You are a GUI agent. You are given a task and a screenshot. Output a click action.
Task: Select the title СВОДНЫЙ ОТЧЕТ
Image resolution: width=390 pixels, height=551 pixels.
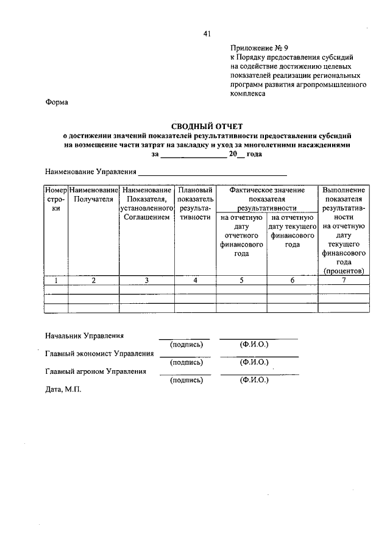tap(207, 126)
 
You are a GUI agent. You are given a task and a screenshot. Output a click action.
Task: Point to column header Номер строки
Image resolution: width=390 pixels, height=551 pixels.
tap(55, 199)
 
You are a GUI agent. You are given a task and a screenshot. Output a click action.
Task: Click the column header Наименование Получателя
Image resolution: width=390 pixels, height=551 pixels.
tap(93, 194)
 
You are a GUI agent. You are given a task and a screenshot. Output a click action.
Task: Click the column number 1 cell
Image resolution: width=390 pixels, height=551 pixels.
tap(55, 280)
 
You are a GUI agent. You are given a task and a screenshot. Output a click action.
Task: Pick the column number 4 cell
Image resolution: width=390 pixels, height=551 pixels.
tap(194, 280)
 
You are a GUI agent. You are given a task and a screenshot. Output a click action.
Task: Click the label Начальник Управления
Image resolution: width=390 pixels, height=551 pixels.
tap(84, 335)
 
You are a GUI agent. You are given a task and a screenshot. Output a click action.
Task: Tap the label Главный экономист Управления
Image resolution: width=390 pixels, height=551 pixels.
tap(99, 353)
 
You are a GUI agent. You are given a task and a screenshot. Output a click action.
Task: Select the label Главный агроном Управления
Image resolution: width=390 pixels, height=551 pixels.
tap(96, 371)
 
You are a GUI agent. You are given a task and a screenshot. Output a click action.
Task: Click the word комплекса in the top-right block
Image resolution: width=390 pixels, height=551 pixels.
tap(248, 94)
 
